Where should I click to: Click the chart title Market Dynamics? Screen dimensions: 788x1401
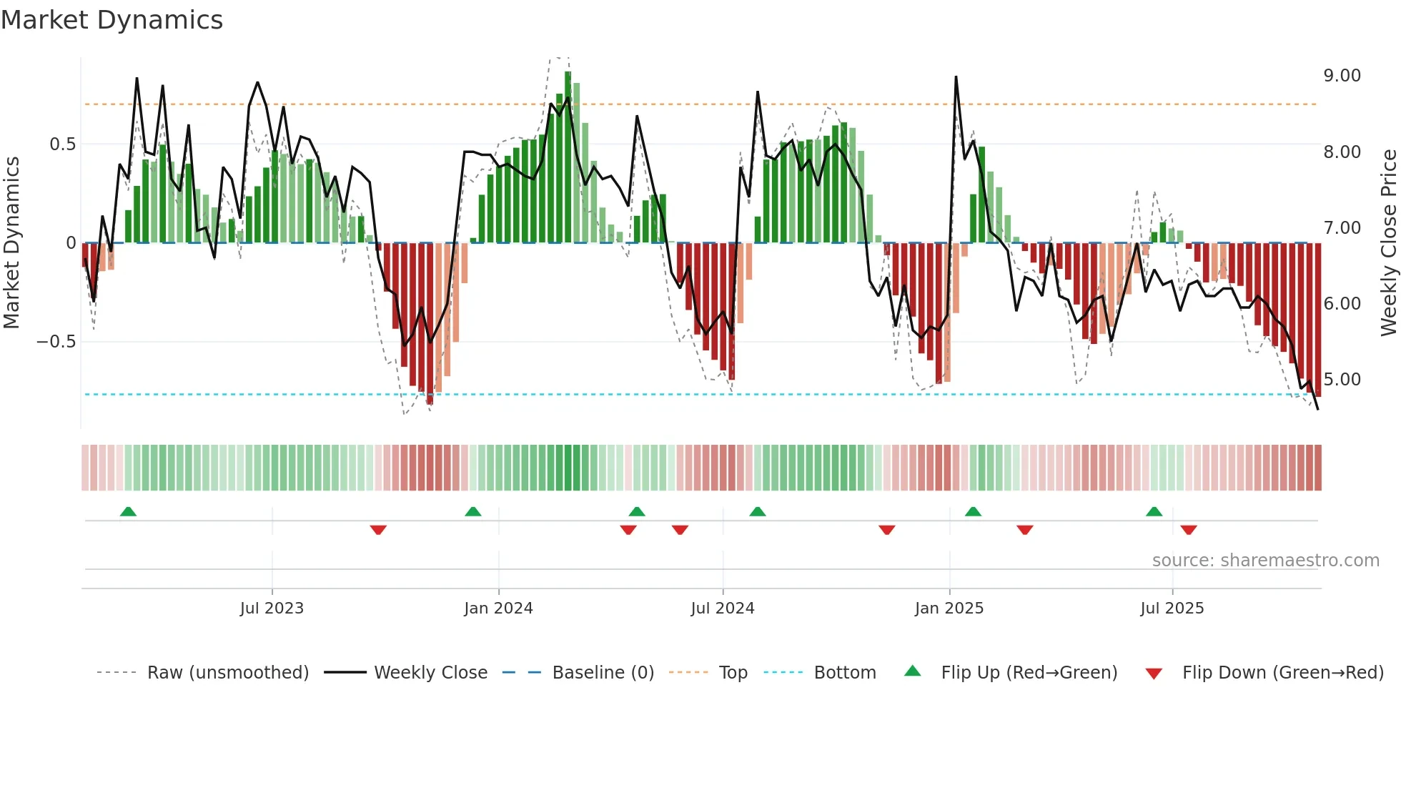pyautogui.click(x=112, y=20)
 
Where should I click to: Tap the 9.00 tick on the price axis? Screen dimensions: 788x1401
pyautogui.click(x=1342, y=76)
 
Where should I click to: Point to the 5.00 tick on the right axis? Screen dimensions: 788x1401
pyautogui.click(x=1342, y=380)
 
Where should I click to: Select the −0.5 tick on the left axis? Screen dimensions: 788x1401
pyautogui.click(x=56, y=342)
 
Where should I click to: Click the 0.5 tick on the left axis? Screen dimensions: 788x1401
pyautogui.click(x=62, y=144)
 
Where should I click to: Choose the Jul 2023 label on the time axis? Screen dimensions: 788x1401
pyautogui.click(x=272, y=609)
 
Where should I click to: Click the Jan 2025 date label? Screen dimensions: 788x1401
pyautogui.click(x=949, y=609)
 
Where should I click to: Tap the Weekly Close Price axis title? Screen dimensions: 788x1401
pyautogui.click(x=1388, y=242)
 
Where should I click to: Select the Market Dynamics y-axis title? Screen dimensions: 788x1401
pyautogui.click(x=11, y=242)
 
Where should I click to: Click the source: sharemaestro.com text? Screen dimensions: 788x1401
pyautogui.click(x=1265, y=561)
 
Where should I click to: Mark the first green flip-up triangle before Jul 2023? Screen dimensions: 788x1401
pyautogui.click(x=128, y=512)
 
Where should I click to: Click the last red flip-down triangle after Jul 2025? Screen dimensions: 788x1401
pyautogui.click(x=1189, y=530)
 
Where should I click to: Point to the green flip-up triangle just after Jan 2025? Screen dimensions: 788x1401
pyautogui.click(x=973, y=512)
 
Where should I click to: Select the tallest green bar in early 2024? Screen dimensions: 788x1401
pyautogui.click(x=568, y=157)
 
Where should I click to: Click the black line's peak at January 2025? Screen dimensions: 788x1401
pyautogui.click(x=956, y=77)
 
